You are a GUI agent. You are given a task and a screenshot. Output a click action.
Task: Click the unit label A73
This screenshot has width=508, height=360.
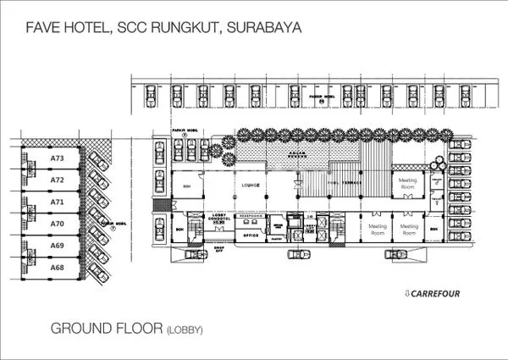57,158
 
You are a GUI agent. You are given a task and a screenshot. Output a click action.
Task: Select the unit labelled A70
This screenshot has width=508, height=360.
57,224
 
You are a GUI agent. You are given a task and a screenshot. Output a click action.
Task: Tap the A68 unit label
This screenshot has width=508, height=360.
57,268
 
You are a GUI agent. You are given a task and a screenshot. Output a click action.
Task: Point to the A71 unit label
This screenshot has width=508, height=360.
57,202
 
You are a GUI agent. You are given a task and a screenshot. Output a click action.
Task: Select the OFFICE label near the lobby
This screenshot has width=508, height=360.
250,235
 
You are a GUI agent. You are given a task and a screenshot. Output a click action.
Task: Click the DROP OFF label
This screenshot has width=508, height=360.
218,250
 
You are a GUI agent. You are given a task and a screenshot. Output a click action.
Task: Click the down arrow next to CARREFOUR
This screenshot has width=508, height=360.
407,294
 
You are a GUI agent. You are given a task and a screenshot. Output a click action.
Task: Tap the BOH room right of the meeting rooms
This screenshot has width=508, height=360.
433,229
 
